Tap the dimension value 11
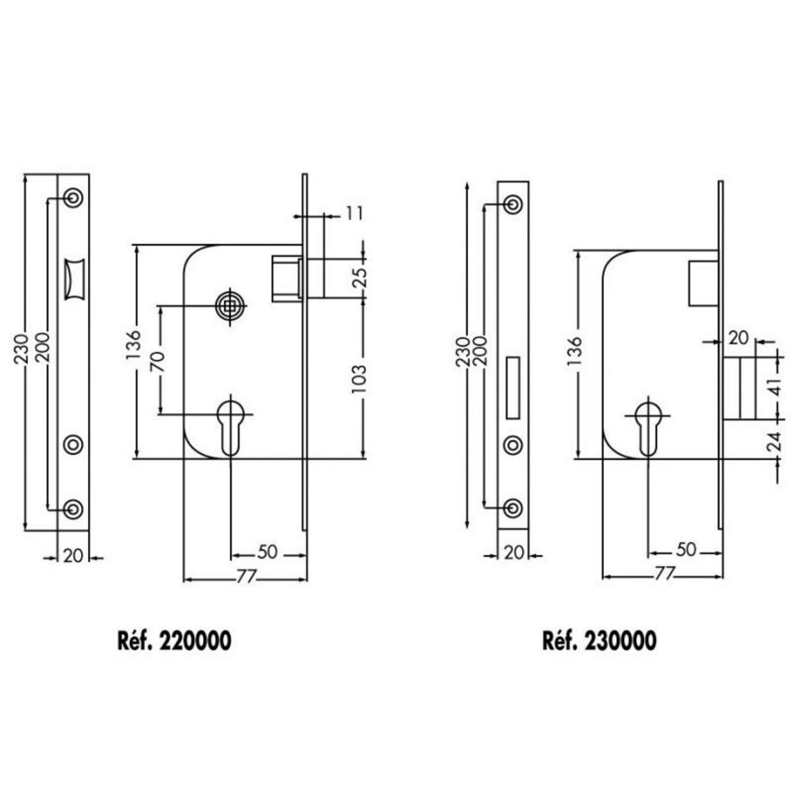tap(354, 214)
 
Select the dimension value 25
tap(359, 278)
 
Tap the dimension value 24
tap(774, 442)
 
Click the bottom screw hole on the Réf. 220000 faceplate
tap(74, 509)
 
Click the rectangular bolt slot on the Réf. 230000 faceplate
tap(513, 388)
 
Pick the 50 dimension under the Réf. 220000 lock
tap(268, 552)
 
